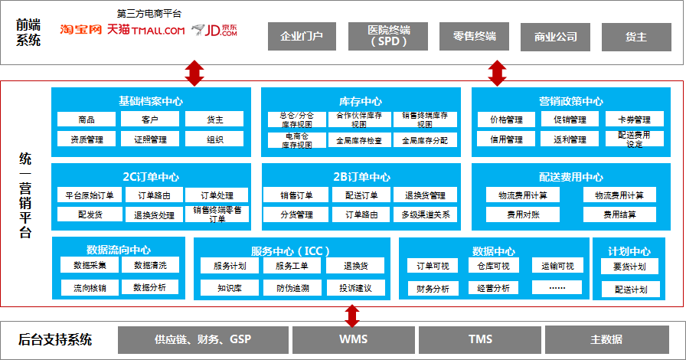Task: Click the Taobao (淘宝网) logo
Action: [81, 30]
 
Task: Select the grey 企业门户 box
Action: [302, 36]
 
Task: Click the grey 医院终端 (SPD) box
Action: [389, 36]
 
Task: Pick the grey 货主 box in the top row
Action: [635, 36]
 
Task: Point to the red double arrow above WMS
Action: [352, 315]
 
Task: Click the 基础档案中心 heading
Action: [151, 101]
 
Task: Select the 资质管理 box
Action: [87, 139]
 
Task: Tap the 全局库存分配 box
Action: [425, 140]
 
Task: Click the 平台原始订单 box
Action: [87, 195]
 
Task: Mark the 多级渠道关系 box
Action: [425, 214]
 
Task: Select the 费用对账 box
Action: [522, 214]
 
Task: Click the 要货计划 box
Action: [629, 267]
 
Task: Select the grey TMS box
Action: [481, 339]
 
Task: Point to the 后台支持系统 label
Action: [55, 339]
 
